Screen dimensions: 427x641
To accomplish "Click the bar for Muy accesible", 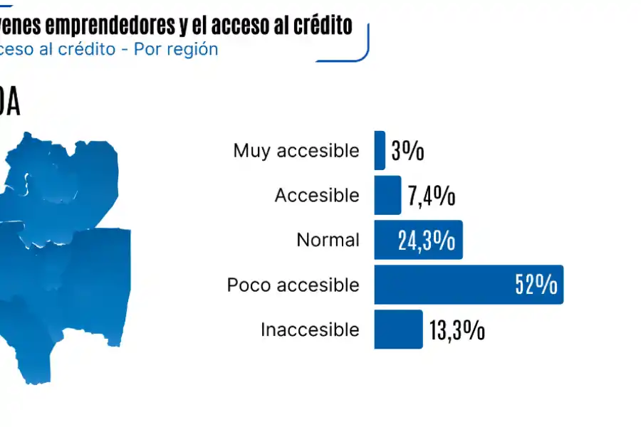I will coord(380,150).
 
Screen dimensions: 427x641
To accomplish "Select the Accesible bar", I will coord(387,195).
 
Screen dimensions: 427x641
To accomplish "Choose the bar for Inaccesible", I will coord(398,330).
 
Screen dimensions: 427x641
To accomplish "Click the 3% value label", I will coord(407,151).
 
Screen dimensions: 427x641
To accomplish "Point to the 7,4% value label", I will coord(432,196).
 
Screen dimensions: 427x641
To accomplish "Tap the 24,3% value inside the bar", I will coord(427,241).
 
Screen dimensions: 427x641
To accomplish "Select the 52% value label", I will coord(536,285).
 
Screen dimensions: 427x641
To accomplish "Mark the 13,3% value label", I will coord(457,330).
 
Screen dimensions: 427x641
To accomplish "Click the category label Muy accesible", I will coord(296,151).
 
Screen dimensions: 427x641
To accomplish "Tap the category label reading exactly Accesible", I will coord(317,195).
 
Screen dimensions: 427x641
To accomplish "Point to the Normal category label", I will coord(328,240).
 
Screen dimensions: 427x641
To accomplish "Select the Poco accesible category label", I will coord(293,285).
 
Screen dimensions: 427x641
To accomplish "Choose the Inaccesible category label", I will coord(310,330).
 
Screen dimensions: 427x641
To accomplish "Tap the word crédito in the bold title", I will coord(322,26).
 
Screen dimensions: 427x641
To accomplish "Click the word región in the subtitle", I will coord(193,50).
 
